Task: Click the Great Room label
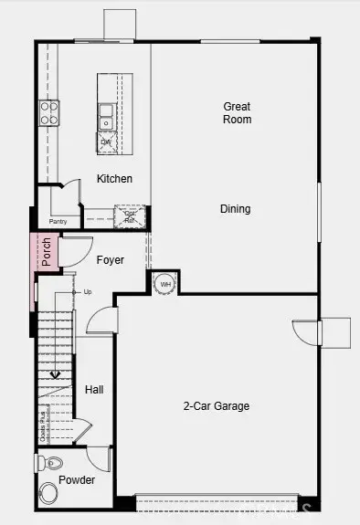tap(237, 113)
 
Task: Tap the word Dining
tap(235, 209)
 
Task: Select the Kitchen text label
tap(114, 179)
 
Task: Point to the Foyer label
tap(111, 260)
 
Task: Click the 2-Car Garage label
tap(216, 406)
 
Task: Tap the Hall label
tap(94, 390)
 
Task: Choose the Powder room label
tap(77, 480)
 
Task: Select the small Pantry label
tap(58, 221)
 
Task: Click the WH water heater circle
tap(165, 284)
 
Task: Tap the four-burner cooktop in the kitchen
tap(48, 112)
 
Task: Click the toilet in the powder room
tap(51, 462)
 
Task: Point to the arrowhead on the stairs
tap(55, 373)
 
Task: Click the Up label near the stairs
tap(88, 292)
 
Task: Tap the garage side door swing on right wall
tap(306, 333)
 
